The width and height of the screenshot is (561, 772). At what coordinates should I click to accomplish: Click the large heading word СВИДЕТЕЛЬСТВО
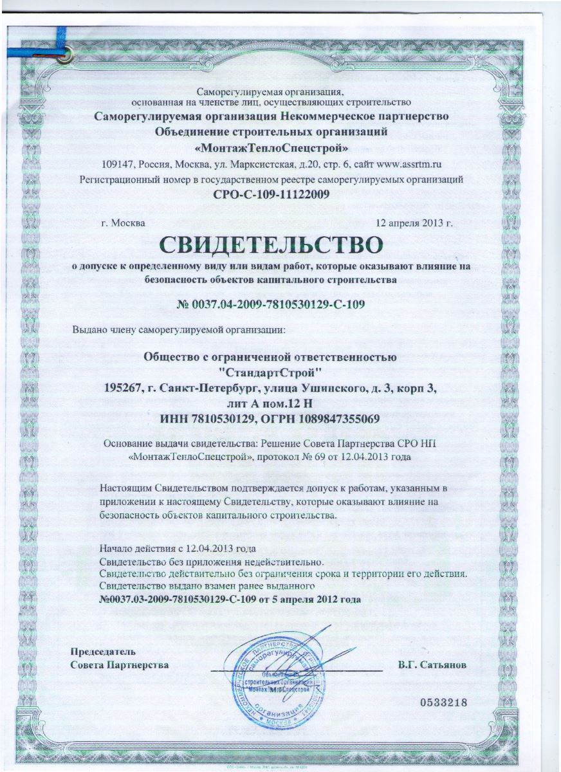coord(270,245)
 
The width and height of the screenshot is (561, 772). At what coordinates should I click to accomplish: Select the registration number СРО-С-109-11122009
coord(270,193)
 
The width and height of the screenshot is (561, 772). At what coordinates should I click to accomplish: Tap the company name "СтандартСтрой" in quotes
coord(270,372)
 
